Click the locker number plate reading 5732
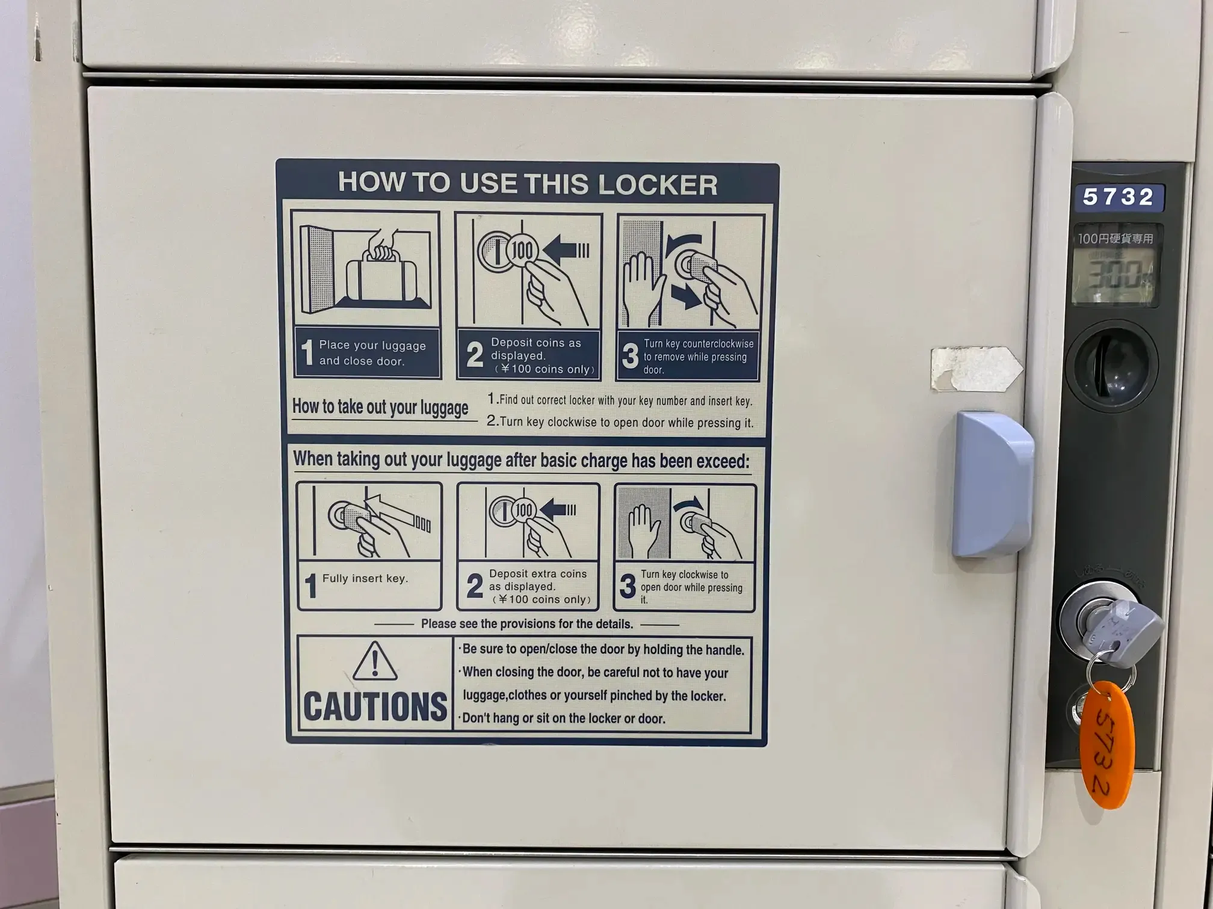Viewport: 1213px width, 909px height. point(1118,197)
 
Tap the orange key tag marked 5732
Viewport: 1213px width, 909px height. point(1107,744)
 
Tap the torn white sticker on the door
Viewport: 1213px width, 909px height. point(975,368)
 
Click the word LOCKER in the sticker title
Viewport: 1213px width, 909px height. point(658,185)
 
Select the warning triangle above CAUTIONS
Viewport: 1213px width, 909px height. point(374,661)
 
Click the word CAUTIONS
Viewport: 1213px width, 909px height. point(375,706)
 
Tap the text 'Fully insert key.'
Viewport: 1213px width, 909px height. point(365,578)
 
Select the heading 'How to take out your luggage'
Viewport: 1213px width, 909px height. point(380,407)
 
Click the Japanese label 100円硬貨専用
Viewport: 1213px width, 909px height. point(1115,239)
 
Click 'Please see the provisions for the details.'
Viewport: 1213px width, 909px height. point(526,624)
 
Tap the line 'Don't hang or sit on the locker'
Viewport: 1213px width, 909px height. point(563,718)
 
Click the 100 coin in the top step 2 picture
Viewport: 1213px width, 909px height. point(522,251)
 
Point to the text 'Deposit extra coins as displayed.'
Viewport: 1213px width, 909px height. point(537,580)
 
